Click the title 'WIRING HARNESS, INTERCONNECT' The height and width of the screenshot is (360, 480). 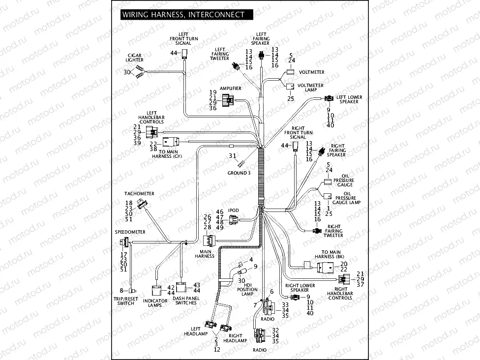[x=183, y=15]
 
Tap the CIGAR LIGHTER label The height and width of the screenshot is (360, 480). [x=134, y=58]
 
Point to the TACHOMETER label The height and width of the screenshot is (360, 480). [x=139, y=194]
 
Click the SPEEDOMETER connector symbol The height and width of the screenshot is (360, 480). [x=124, y=242]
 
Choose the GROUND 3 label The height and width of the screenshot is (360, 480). [x=239, y=173]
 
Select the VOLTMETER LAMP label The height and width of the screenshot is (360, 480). [x=310, y=88]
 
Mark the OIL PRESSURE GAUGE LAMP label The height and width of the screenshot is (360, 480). [x=346, y=198]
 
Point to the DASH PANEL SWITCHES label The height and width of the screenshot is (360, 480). [x=185, y=300]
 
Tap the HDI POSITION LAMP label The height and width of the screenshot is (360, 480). [x=248, y=290]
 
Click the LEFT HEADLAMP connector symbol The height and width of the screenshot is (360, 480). [x=212, y=323]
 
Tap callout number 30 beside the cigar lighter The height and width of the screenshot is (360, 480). [x=126, y=72]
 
